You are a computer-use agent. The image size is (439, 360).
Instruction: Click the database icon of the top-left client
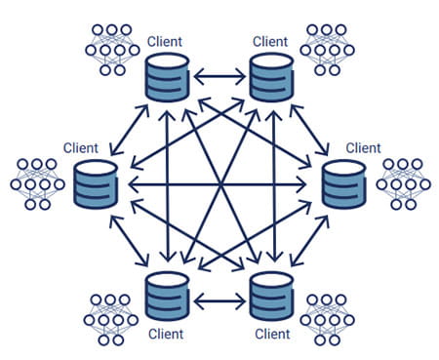point(167,78)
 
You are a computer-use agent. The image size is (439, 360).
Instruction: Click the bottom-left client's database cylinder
point(167,297)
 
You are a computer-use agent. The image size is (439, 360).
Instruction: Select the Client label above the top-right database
point(271,42)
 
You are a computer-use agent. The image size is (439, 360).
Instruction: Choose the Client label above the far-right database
point(362,147)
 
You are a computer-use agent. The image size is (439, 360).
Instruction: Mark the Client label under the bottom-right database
point(272,334)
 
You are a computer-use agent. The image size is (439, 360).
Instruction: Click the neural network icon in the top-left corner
point(112,49)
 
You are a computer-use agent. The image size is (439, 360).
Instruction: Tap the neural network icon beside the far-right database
point(402,182)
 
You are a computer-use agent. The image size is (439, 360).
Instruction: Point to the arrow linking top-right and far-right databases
point(312,126)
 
